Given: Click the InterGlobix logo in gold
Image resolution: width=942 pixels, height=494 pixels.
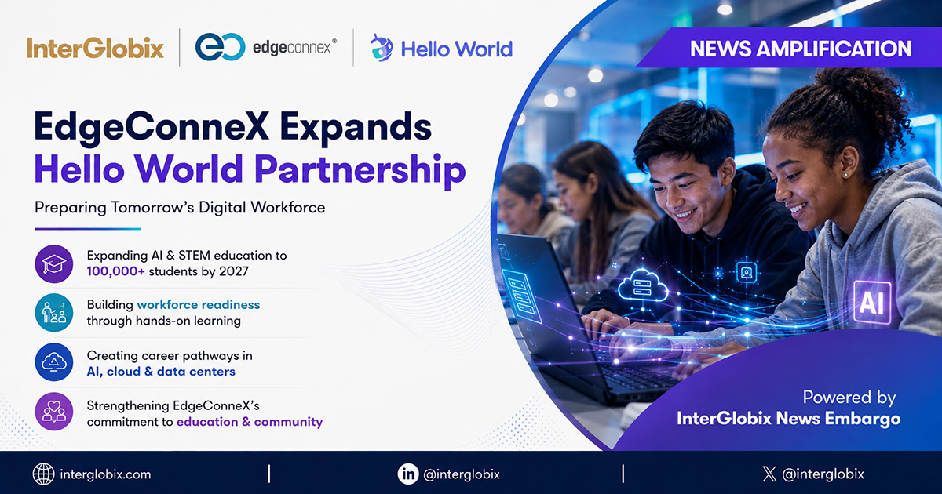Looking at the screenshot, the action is coord(95,49).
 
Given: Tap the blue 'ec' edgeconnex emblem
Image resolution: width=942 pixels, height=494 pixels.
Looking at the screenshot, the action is coord(221,47).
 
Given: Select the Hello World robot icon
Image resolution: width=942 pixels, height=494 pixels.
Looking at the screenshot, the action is coord(382,48).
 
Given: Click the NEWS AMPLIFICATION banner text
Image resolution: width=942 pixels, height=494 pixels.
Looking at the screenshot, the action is coord(801,49).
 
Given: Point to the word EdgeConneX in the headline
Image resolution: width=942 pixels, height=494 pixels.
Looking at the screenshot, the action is coord(152,127).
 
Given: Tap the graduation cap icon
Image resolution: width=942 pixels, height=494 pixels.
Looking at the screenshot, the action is coord(54,263).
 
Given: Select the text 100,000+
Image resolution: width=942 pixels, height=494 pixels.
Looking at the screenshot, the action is coord(115,271).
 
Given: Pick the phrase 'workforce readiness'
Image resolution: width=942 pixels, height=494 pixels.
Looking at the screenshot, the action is coord(199,304).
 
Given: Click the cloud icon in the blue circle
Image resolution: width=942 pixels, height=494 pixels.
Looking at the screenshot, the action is coord(54,362).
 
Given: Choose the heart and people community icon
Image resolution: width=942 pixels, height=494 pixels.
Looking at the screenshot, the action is coord(54,411).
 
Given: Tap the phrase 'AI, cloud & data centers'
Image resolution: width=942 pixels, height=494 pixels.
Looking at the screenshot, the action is coord(161,372).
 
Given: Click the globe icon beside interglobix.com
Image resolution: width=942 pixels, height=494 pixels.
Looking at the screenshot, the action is coord(43,474).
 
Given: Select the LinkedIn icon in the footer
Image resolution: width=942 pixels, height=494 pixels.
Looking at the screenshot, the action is coord(408,474).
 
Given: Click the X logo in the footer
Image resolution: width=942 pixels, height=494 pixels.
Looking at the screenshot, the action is coord(769,474).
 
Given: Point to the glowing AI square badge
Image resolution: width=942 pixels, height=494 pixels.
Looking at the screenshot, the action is coord(872,303).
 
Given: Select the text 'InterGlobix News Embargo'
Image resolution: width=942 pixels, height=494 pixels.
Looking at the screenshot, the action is coord(788,419).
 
